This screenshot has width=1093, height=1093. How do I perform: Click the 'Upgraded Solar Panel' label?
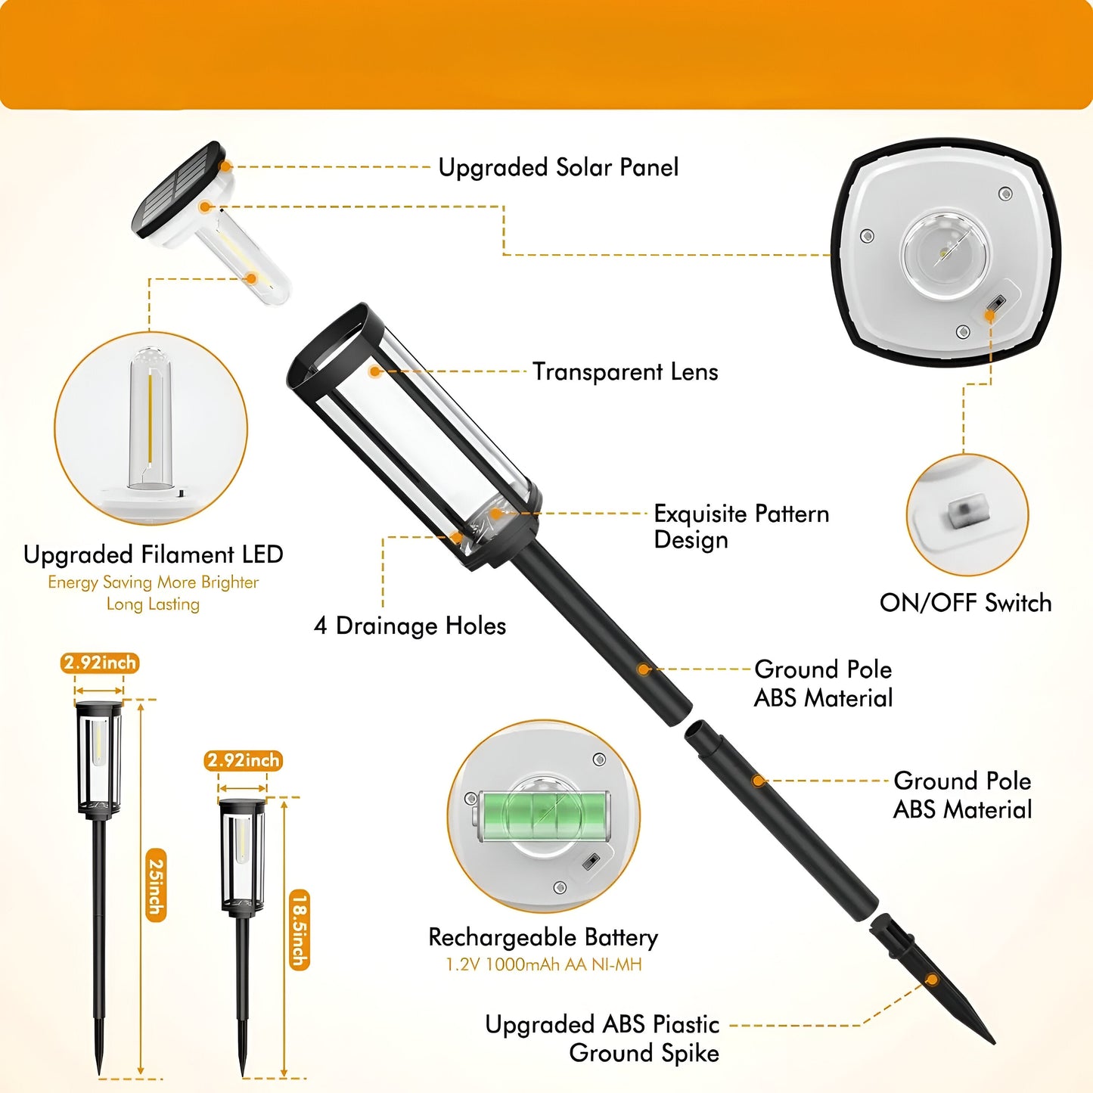[x=558, y=168]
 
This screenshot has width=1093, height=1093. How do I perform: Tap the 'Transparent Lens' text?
[x=625, y=372]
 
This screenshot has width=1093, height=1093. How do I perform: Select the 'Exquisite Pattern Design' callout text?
[x=741, y=526]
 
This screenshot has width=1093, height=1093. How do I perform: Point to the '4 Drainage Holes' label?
[x=409, y=626]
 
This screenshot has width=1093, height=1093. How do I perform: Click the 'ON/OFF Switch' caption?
[x=965, y=603]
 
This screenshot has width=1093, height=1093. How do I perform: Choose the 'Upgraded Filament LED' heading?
[x=153, y=554]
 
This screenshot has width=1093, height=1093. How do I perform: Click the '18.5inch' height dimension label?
[x=300, y=929]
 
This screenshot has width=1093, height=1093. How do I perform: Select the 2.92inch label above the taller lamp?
[x=100, y=663]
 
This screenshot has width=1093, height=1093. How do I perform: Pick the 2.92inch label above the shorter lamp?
[x=244, y=760]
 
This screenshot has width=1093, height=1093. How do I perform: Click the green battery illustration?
[x=543, y=817]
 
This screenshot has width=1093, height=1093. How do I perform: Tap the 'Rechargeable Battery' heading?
[x=543, y=938]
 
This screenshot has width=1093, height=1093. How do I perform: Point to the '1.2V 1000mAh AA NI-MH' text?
[x=543, y=964]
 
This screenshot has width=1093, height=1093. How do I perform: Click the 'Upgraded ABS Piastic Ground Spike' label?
[x=602, y=1039]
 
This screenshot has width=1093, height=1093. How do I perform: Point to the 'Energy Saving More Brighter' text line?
[x=153, y=582]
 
